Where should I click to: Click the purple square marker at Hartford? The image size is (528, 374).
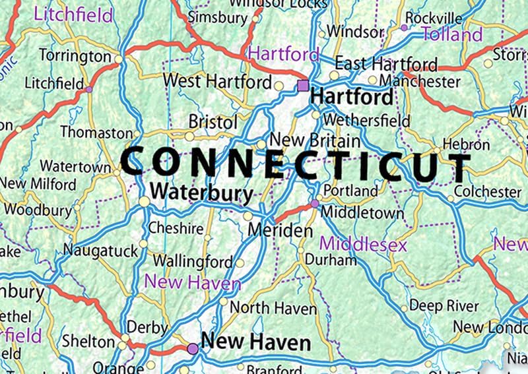(303, 85)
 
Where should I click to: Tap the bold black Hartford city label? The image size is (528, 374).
(352, 97)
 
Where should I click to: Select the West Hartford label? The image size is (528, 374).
(217, 81)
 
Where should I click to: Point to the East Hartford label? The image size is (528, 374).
(386, 64)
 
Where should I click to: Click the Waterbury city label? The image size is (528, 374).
(202, 193)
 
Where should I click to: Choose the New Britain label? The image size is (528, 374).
(315, 140)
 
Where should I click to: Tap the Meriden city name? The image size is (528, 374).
(280, 231)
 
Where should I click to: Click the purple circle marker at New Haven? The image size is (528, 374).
(192, 348)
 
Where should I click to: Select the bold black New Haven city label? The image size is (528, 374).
(255, 342)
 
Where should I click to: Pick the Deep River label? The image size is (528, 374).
(444, 305)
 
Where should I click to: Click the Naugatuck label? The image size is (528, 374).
(100, 250)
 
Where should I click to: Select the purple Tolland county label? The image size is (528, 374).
(452, 34)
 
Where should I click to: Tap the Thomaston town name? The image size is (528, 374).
(96, 133)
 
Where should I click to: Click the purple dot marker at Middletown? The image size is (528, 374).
(315, 204)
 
